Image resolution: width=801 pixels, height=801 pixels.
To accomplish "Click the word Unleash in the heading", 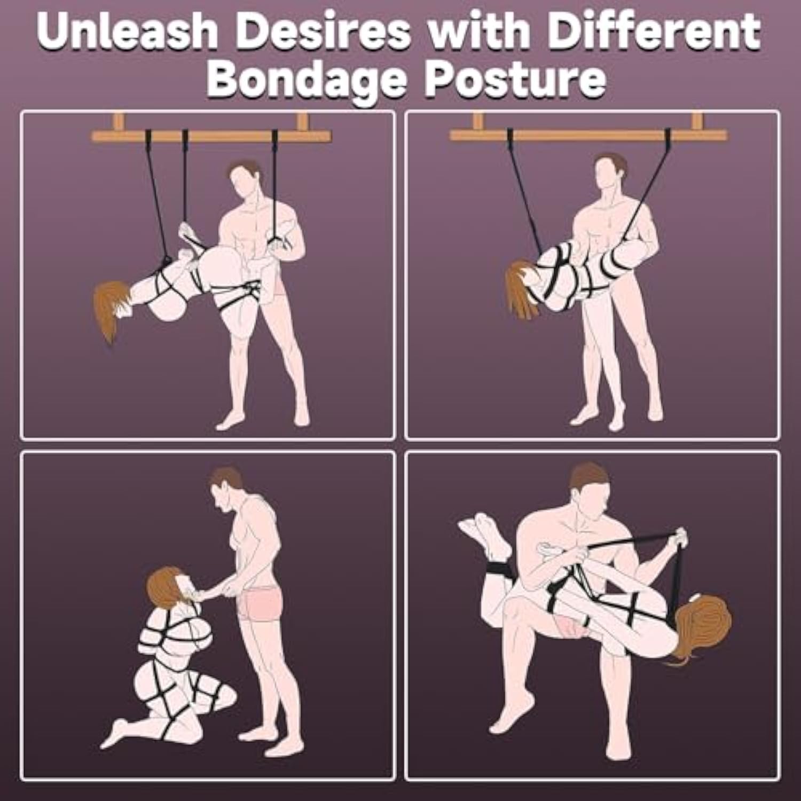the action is click(x=127, y=31).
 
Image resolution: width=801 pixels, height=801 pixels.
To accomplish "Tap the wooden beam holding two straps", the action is click(x=588, y=133).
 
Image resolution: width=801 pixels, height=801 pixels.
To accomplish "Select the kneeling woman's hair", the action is click(x=163, y=587).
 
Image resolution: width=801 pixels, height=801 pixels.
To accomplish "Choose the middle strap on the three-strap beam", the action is click(x=185, y=179).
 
